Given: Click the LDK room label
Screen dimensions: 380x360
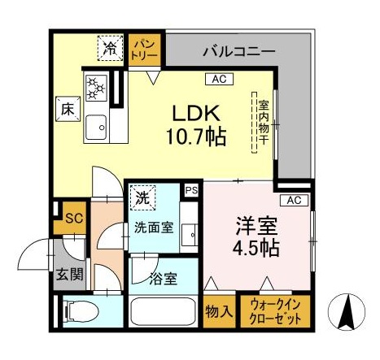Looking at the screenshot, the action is tap(196, 125).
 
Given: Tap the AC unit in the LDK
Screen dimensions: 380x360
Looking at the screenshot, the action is tap(219, 79).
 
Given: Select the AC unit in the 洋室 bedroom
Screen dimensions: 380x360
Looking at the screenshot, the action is tap(294, 201).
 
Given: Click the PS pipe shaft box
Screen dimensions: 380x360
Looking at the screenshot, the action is tap(191, 190).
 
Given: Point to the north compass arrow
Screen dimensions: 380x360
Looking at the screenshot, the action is tap(347, 312).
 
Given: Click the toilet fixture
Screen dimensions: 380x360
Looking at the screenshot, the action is tap(80, 311).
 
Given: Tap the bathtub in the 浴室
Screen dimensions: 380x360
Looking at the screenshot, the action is tap(164, 311).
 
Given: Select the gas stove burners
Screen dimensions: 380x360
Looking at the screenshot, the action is tap(96, 88).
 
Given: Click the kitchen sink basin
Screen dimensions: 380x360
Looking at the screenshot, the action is tap(96, 128).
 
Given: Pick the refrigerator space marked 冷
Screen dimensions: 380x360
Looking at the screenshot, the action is tap(110, 48).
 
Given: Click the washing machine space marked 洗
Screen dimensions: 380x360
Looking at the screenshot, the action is tap(142, 198).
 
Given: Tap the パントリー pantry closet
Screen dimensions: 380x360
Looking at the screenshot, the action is tap(144, 50).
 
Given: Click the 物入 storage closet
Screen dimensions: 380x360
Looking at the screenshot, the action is tap(219, 311).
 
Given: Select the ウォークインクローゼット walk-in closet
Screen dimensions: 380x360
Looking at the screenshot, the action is tap(275, 311).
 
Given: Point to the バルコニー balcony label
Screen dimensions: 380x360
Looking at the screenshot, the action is tap(239, 51).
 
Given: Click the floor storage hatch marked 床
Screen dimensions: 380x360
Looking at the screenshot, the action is tap(68, 109).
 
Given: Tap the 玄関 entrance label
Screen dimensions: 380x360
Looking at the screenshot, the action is tap(69, 275).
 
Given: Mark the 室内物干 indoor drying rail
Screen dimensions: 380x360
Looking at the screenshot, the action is tap(254, 123).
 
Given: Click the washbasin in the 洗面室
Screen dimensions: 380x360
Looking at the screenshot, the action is tap(190, 235).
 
